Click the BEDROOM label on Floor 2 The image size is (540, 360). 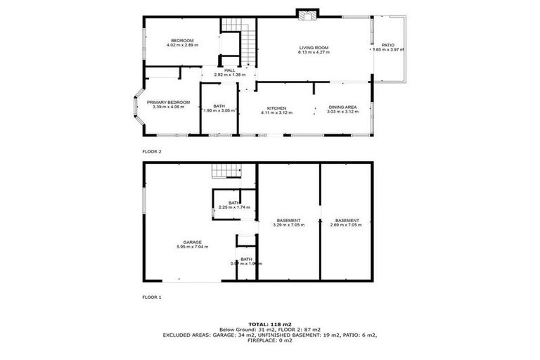[182, 41]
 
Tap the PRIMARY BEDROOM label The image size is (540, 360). [168, 103]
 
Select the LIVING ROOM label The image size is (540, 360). [313, 48]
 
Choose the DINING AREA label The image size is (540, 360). [342, 108]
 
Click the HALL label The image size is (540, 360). [229, 70]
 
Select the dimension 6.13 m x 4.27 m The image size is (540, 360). [313, 52]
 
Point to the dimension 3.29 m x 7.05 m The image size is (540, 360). [288, 224]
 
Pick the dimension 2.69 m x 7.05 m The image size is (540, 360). [347, 224]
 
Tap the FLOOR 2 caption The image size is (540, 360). [151, 151]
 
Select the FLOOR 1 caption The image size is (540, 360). [151, 297]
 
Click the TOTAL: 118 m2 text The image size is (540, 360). [269, 323]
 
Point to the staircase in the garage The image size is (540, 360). [226, 172]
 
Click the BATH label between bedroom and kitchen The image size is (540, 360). [219, 106]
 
